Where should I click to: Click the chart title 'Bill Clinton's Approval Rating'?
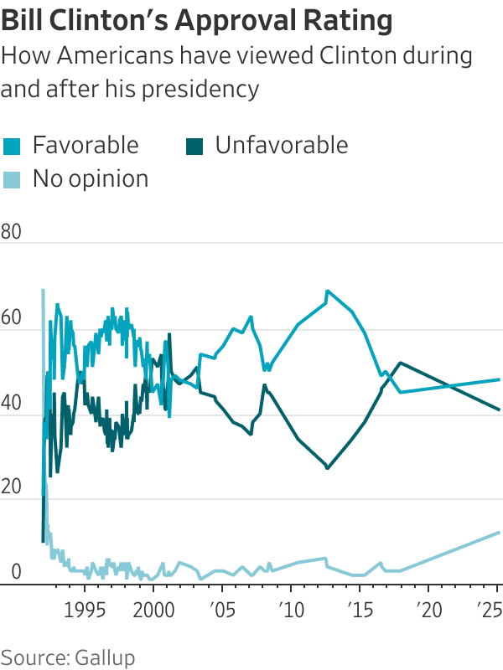(x=197, y=21)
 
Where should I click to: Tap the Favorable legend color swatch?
(x=12, y=146)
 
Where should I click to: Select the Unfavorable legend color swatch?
(x=194, y=146)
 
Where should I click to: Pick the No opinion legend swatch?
(x=12, y=179)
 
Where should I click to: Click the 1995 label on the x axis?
(x=85, y=606)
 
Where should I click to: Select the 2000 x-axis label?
(x=153, y=606)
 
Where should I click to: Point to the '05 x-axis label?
(x=221, y=606)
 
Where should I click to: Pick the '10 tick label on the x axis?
(x=290, y=606)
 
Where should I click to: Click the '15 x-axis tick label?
(x=359, y=606)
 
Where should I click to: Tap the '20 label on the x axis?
(x=428, y=606)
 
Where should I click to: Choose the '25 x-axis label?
(x=490, y=606)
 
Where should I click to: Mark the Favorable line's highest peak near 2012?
(x=327, y=291)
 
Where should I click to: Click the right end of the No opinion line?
(x=500, y=533)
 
